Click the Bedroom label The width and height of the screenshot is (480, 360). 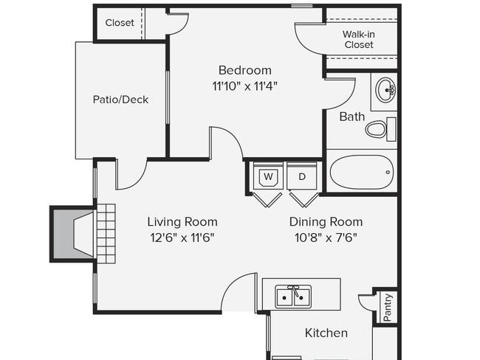click(x=245, y=70)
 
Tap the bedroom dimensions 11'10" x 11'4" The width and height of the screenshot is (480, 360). click(x=245, y=86)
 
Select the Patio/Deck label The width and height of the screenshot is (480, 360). click(x=120, y=100)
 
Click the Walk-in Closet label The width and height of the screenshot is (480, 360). click(x=359, y=39)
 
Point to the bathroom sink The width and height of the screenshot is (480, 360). click(x=385, y=90)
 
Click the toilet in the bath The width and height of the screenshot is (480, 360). click(x=381, y=129)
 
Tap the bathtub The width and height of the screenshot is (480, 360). click(x=362, y=172)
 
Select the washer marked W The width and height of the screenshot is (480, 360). click(x=269, y=176)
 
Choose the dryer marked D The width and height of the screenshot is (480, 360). click(x=302, y=176)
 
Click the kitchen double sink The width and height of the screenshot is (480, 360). click(x=293, y=297)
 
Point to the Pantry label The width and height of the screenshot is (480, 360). click(x=387, y=307)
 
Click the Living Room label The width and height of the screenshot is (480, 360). click(x=182, y=222)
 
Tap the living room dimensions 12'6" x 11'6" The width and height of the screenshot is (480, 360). click(x=182, y=238)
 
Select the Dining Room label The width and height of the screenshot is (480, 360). click(x=326, y=222)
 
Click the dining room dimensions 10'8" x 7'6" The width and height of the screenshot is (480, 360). click(x=326, y=238)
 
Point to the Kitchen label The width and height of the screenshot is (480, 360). click(x=326, y=333)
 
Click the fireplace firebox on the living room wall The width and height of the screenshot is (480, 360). click(x=73, y=234)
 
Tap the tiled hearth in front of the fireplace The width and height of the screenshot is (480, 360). click(x=106, y=234)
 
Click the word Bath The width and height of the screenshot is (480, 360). click(x=352, y=117)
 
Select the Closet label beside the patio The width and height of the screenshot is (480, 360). click(x=120, y=23)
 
